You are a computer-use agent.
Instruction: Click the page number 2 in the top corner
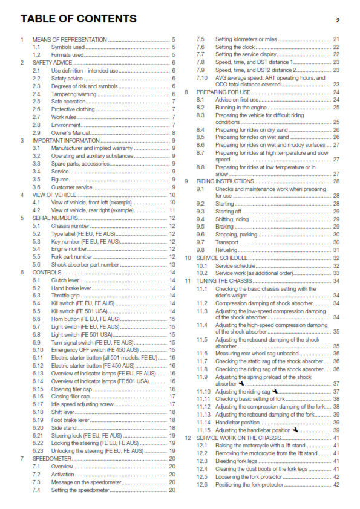[338, 21]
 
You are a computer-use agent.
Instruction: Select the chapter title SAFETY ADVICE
[53, 62]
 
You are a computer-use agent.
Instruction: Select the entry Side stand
[64, 427]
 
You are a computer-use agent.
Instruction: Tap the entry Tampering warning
[73, 94]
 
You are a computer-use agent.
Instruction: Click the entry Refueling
[227, 250]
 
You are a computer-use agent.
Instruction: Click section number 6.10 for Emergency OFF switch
[38, 350]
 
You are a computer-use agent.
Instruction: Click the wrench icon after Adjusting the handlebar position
[295, 430]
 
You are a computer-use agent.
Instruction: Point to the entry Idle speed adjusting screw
[82, 404]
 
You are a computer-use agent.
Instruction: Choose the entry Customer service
[71, 187]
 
